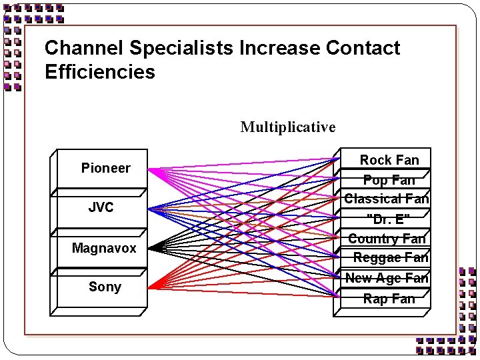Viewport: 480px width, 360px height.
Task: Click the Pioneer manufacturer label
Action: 105,168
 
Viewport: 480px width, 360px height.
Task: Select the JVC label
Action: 101,207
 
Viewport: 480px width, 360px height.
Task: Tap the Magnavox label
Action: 104,248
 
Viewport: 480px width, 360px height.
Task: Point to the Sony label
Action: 105,287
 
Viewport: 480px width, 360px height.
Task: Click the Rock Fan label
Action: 389,160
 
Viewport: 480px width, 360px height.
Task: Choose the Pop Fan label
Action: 389,180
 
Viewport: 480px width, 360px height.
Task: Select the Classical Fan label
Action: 387,199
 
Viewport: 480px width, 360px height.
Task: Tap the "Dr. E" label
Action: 389,219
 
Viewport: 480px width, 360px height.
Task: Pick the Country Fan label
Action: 387,238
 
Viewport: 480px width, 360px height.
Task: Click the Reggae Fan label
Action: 391,257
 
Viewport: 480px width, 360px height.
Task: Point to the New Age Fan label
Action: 387,278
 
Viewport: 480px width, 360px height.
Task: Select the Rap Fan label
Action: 389,299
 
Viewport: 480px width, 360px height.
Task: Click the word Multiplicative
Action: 288,127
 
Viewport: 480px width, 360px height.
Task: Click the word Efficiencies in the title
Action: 100,72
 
